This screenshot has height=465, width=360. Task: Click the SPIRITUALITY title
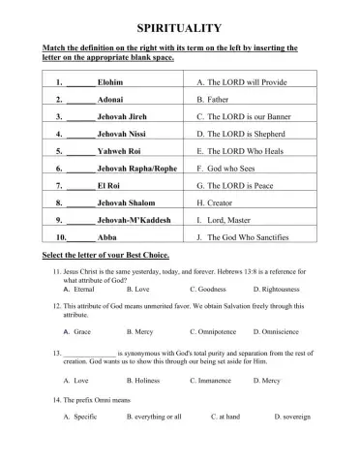click(180, 28)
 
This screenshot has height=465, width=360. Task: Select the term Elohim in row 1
click(111, 82)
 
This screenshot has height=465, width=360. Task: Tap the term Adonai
click(111, 100)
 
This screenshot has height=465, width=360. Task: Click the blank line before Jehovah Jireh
click(81, 117)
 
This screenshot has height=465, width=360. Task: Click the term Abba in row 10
click(107, 237)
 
